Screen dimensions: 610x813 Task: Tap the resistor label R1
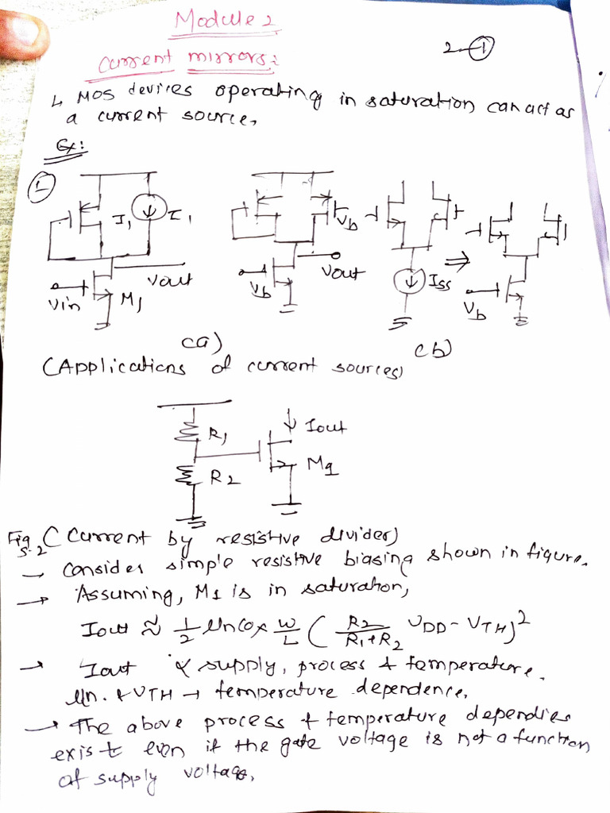(x=216, y=434)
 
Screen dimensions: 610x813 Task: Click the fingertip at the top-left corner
(x=22, y=33)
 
